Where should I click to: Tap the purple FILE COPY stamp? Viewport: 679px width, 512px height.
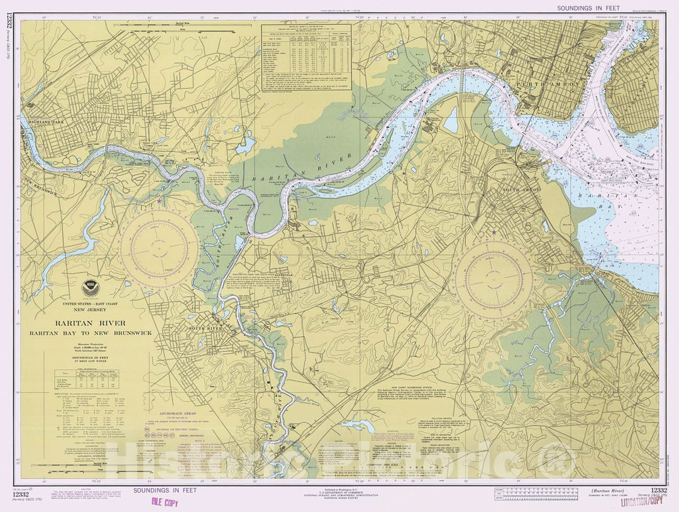point(165,501)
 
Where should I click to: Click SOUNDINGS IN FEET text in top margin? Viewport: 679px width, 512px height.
point(584,8)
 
